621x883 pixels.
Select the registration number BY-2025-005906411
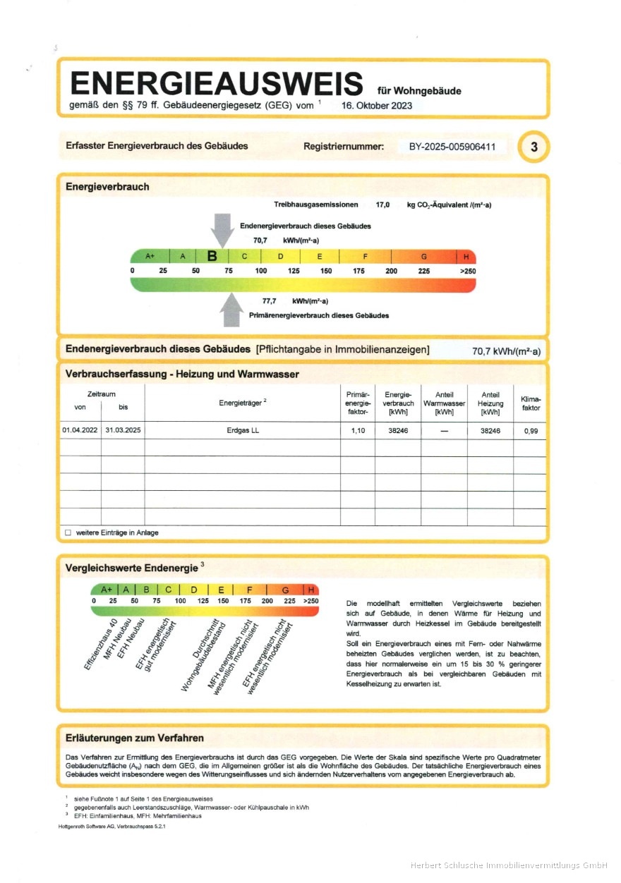[452, 147]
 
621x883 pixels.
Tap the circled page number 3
[533, 147]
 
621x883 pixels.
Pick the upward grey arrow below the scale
[232, 310]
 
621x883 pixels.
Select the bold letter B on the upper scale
[212, 256]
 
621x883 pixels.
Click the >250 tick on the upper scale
[467, 271]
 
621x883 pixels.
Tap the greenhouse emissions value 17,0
[383, 204]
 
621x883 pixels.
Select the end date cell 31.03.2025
[123, 430]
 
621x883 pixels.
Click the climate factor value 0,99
[531, 430]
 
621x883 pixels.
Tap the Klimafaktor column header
[531, 403]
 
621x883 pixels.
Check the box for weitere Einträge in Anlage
[68, 532]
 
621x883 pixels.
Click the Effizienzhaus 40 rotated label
[100, 643]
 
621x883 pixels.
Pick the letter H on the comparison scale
[311, 590]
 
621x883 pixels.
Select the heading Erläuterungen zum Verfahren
[135, 738]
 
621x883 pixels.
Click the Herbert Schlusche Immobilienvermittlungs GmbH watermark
[509, 865]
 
